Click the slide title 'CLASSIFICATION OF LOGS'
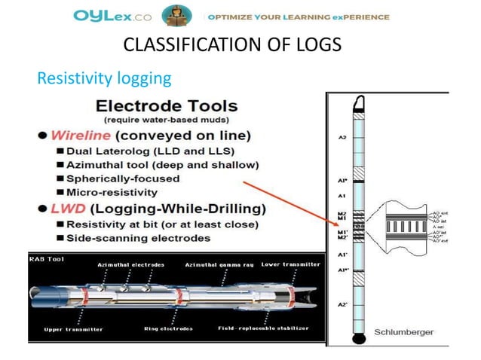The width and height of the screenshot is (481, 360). coord(231,45)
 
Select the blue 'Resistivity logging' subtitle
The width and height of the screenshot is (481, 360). coord(104,78)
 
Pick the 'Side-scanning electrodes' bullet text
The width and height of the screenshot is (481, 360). coord(139,238)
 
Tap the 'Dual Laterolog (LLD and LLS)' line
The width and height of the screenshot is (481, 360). coord(149,151)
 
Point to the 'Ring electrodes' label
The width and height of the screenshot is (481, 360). coord(168,329)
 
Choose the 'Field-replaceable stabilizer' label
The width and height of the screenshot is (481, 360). coord(265,329)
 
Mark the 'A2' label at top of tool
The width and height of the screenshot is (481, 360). coord(342,138)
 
